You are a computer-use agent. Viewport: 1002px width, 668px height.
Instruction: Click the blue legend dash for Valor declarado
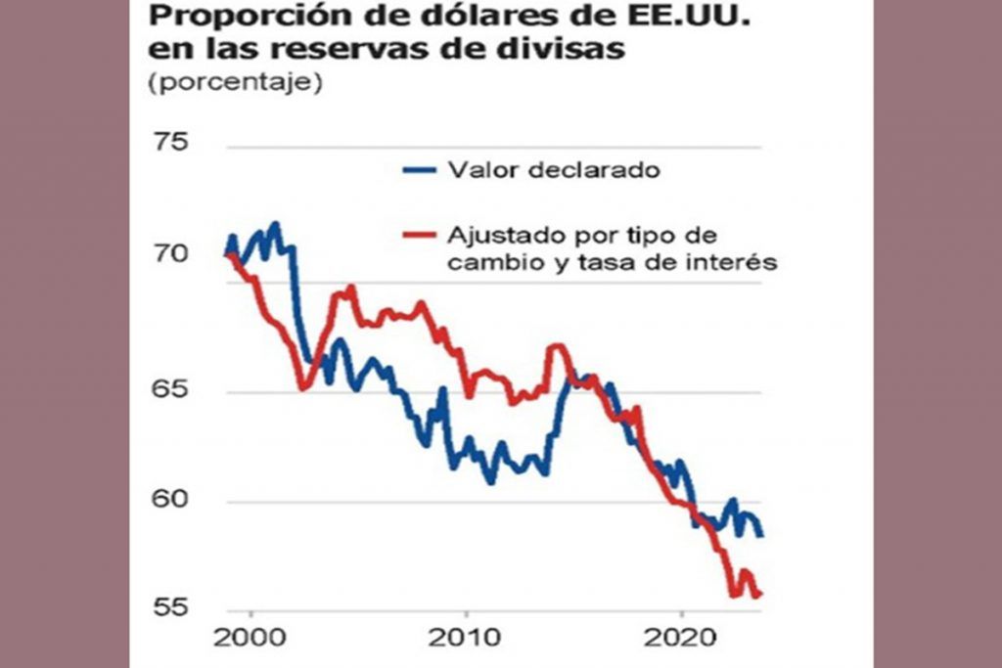(x=419, y=170)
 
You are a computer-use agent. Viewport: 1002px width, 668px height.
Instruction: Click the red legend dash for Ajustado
(x=419, y=236)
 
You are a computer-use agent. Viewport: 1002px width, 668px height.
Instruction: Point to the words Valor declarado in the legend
(x=554, y=170)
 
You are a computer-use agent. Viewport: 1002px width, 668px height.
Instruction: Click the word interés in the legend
(x=734, y=262)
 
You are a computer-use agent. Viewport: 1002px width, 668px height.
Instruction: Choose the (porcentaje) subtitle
(x=234, y=83)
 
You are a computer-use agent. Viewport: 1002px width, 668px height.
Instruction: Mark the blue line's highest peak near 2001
(x=275, y=224)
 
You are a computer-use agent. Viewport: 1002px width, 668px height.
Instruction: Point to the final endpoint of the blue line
(x=761, y=534)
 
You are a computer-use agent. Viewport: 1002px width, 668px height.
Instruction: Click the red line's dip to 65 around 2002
(x=302, y=388)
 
